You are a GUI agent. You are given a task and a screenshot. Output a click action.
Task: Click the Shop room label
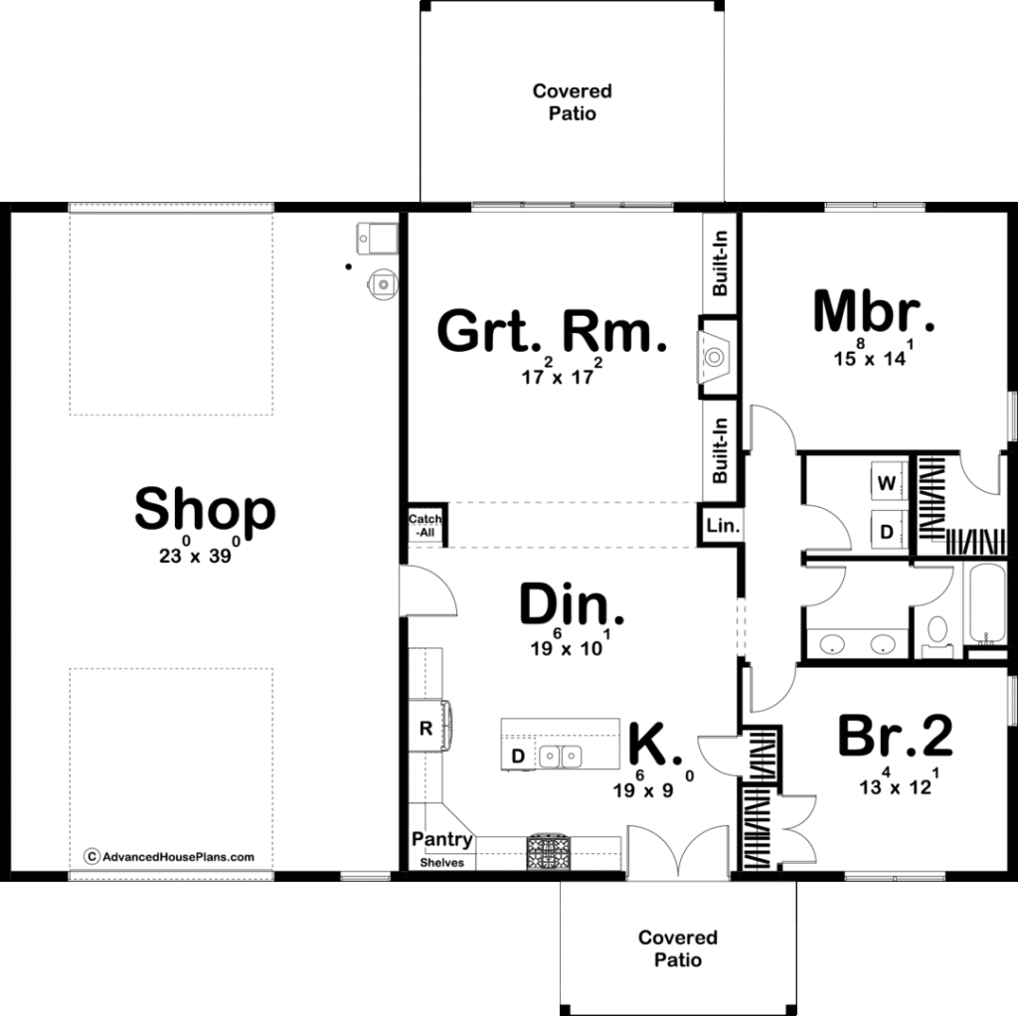[x=204, y=510]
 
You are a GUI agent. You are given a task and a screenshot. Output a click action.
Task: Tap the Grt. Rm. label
[x=552, y=332]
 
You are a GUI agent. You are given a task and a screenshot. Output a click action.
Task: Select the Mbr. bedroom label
[x=873, y=311]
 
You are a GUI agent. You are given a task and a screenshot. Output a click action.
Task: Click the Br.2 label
[x=895, y=737]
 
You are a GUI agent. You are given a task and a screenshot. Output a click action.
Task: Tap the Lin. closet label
[x=722, y=526]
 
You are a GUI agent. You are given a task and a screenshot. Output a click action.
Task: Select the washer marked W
[x=886, y=483]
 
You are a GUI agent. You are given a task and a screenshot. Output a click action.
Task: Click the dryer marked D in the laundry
[x=886, y=530]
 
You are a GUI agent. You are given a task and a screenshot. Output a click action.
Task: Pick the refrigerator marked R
[x=425, y=728]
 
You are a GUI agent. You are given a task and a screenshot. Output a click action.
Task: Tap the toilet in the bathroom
[x=935, y=633]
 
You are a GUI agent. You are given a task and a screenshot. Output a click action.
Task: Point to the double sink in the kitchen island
[x=561, y=758]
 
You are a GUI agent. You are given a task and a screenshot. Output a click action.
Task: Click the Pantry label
[x=442, y=840]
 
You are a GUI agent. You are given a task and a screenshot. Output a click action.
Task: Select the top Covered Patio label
[x=573, y=102]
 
